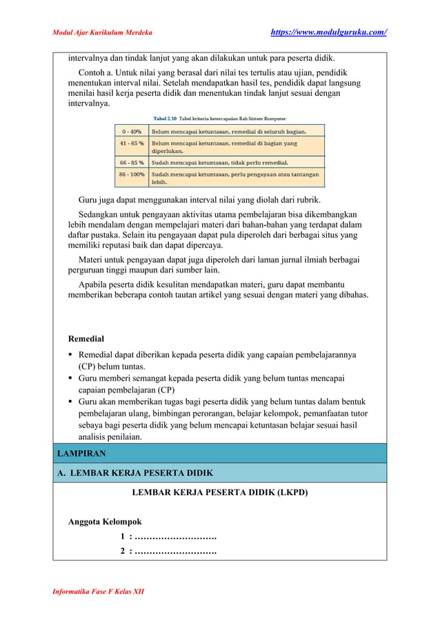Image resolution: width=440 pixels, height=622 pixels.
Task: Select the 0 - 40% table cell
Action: pos(132,130)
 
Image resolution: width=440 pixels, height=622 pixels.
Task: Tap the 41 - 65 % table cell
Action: pos(132,143)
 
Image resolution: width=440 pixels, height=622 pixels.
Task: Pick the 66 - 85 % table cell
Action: pos(132,163)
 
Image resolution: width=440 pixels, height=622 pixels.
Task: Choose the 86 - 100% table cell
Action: pos(132,174)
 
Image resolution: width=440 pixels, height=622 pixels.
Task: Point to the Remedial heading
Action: pos(86,339)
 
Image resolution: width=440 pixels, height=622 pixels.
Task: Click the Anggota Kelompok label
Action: pos(105,521)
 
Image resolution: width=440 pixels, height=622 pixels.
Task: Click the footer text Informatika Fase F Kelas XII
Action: pos(99,592)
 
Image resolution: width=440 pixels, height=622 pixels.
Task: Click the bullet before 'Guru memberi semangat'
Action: pos(71,379)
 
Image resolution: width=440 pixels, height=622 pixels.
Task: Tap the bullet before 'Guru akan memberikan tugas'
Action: pos(71,402)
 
